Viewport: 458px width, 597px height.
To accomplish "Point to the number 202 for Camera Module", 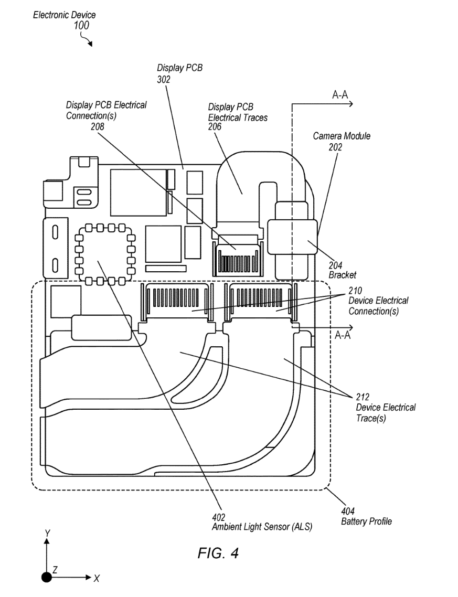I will tap(336, 147).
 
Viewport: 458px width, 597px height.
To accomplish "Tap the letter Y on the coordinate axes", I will tap(47, 533).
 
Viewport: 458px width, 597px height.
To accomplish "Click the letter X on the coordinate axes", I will tap(96, 578).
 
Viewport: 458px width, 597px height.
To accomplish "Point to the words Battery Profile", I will tap(366, 521).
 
